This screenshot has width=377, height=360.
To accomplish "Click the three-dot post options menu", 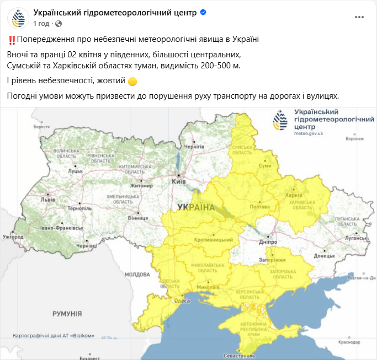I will click(359, 17).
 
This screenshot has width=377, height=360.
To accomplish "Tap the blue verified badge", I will click(203, 13).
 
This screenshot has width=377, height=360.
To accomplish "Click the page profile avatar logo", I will click(18, 18).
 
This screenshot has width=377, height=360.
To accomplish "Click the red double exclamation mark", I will click(12, 40).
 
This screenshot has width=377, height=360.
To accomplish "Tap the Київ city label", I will click(179, 181).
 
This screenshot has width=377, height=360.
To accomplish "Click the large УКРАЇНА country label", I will click(197, 207).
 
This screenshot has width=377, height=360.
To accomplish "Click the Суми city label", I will click(266, 165).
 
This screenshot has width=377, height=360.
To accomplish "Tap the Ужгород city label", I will click(13, 237).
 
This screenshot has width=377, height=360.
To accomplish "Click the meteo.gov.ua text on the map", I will click(308, 133).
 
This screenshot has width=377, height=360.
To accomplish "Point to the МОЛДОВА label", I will click(134, 274).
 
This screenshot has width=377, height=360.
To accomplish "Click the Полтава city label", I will click(259, 207).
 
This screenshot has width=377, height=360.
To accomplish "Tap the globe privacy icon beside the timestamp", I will click(59, 24).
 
